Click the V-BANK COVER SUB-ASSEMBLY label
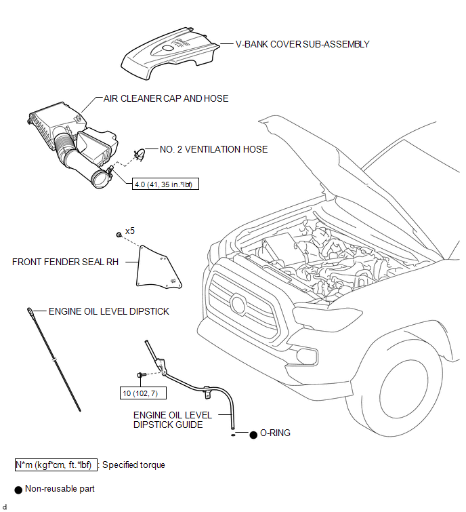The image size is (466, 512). tap(302, 44)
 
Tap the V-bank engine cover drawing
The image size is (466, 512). tap(170, 54)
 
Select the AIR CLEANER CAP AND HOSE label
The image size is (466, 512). tap(166, 98)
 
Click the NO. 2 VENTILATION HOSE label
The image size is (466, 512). tap(213, 149)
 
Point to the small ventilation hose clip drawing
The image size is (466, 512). tap(140, 154)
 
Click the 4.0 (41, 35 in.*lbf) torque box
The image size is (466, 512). tap(165, 184)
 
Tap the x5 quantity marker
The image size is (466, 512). tap(130, 231)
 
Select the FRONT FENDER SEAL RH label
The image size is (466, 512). tap(65, 262)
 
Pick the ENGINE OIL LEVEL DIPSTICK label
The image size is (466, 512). tap(109, 311)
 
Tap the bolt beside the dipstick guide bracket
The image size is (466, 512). tap(141, 375)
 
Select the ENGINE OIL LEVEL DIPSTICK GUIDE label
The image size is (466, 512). tap(173, 420)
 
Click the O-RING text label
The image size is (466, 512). tap(275, 433)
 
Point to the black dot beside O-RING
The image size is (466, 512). tap(253, 435)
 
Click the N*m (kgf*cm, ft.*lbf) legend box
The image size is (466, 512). tap(56, 465)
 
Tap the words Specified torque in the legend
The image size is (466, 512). tap(133, 465)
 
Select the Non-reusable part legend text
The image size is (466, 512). tap(60, 488)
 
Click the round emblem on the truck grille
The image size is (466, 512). tap(237, 304)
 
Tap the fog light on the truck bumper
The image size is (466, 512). tap(308, 356)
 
